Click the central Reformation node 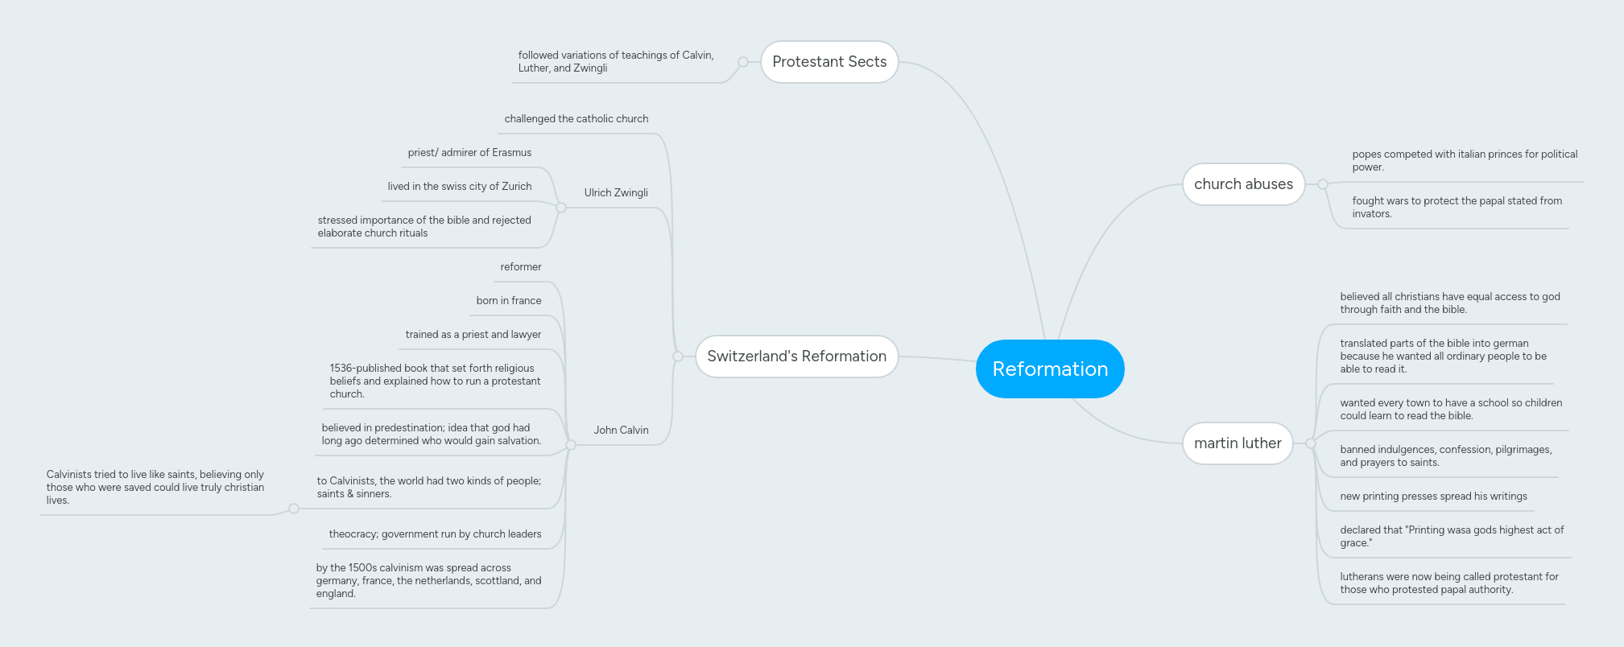pyautogui.click(x=1050, y=369)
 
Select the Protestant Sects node pyautogui.click(x=829, y=62)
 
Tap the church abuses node pyautogui.click(x=1243, y=184)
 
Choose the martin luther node pyautogui.click(x=1238, y=443)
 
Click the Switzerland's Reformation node pyautogui.click(x=796, y=356)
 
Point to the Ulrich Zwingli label pyautogui.click(x=616, y=193)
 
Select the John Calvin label pyautogui.click(x=621, y=431)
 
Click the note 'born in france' pyautogui.click(x=509, y=301)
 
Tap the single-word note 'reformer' pyautogui.click(x=521, y=267)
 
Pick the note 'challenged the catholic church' pyautogui.click(x=576, y=119)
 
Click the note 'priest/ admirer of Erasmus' pyautogui.click(x=469, y=153)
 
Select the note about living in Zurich pyautogui.click(x=460, y=187)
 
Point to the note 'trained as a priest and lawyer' pyautogui.click(x=473, y=335)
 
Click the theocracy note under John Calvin pyautogui.click(x=435, y=534)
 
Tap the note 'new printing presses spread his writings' pyautogui.click(x=1433, y=497)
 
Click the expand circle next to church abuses pyautogui.click(x=1323, y=184)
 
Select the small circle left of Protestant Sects pyautogui.click(x=743, y=62)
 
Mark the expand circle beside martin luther pyautogui.click(x=1311, y=443)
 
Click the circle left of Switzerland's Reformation pyautogui.click(x=678, y=356)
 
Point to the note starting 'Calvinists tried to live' pyautogui.click(x=155, y=488)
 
